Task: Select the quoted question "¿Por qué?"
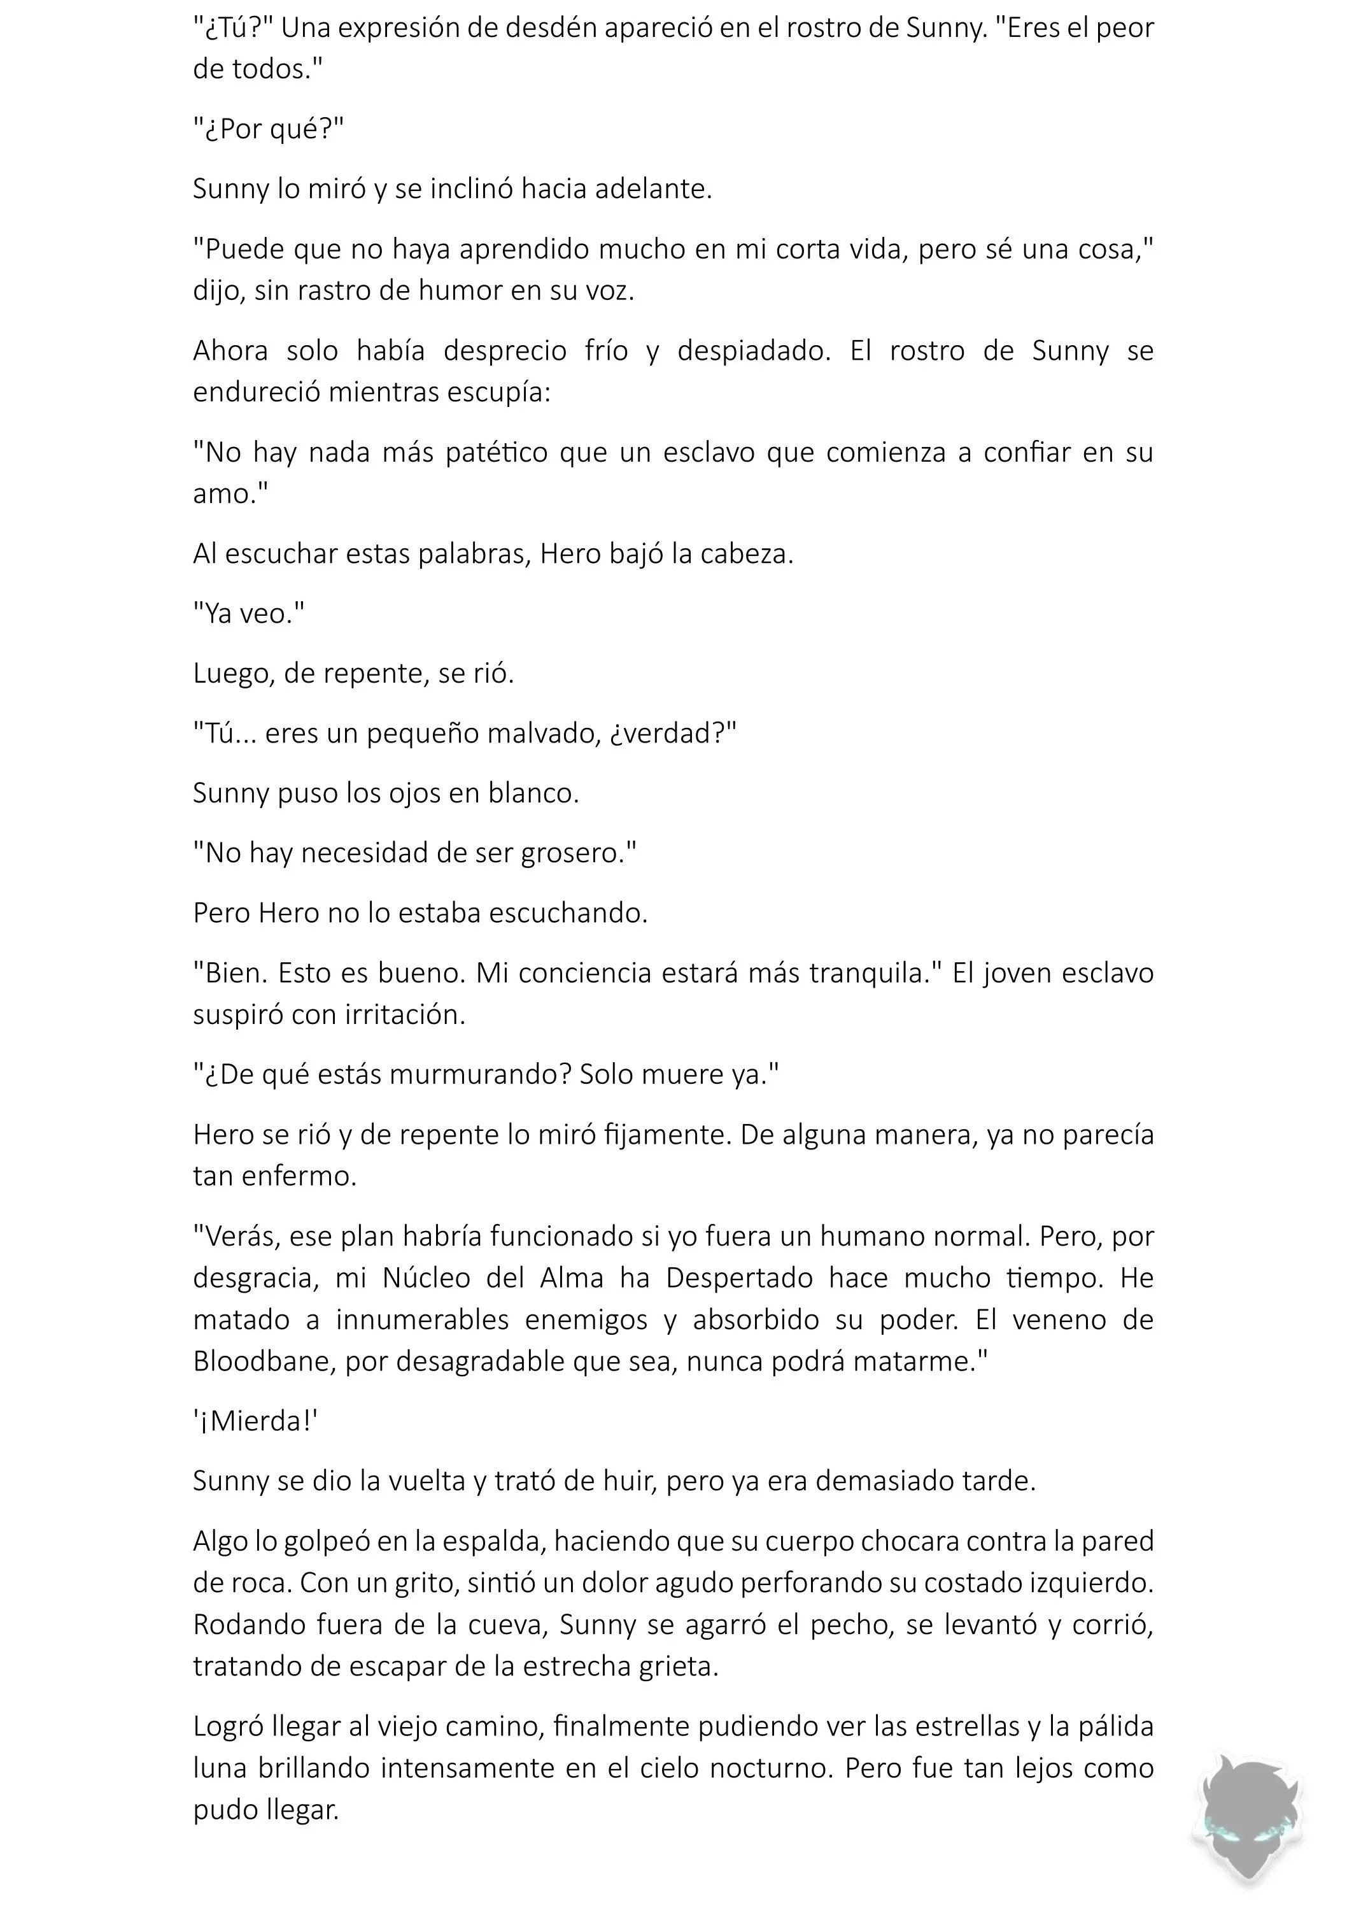coord(268,129)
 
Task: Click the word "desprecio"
coord(505,350)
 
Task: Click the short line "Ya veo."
coord(249,613)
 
